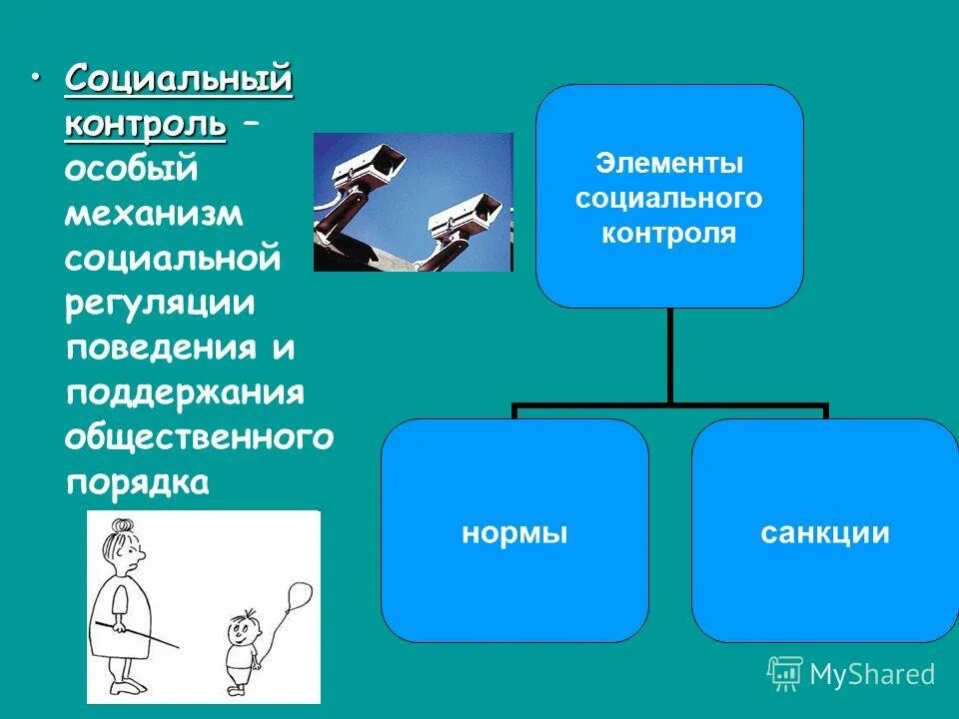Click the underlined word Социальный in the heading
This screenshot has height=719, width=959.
(179, 79)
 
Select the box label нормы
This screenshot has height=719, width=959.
(514, 532)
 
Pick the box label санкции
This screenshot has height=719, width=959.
(824, 532)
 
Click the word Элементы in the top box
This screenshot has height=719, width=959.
(668, 164)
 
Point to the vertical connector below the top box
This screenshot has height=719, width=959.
(669, 355)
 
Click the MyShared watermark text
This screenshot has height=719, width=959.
(871, 674)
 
